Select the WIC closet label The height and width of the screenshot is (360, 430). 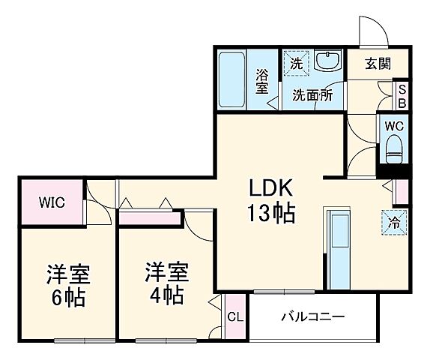[x=52, y=202]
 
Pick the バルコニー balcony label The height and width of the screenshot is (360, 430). [x=313, y=316]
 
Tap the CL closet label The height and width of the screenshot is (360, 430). [x=234, y=317]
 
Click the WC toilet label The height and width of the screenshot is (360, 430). [x=394, y=125]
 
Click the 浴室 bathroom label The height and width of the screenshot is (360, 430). [x=263, y=82]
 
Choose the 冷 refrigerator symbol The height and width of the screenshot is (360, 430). [x=394, y=220]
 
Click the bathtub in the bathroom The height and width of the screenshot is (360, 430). [x=234, y=79]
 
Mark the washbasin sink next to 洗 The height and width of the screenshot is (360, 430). [x=327, y=61]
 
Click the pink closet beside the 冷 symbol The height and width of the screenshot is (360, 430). [x=402, y=192]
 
